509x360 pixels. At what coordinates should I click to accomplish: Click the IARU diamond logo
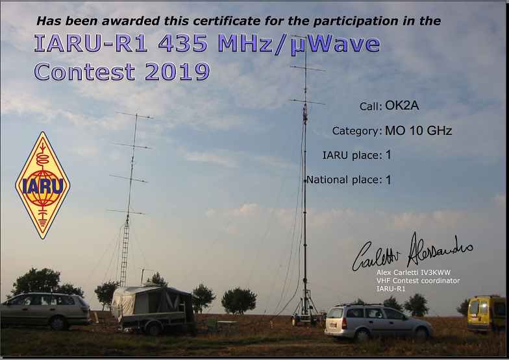coord(43,186)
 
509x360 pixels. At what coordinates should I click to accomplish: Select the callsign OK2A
coord(402,105)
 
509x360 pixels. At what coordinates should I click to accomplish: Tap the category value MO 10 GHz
coord(418,131)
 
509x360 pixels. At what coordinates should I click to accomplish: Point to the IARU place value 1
coord(388,155)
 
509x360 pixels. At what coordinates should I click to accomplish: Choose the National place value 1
coord(388,180)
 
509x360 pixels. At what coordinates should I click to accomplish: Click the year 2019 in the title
coord(177,71)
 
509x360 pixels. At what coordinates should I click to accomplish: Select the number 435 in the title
coord(183,44)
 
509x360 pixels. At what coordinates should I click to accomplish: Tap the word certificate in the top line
coord(226,21)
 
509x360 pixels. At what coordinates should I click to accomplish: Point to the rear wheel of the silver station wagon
coord(362,335)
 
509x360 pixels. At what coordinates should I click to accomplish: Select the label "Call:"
coord(371,106)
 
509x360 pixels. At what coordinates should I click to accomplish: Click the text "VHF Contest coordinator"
coord(418,281)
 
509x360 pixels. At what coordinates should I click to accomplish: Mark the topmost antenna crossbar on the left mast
coord(134,115)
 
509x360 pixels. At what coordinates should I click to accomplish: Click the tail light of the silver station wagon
coord(344,324)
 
